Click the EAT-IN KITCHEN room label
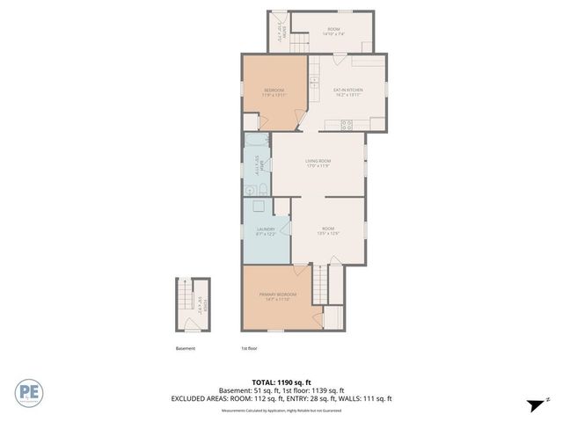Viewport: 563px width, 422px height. pos(347,91)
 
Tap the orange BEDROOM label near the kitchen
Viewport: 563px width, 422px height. pos(274,92)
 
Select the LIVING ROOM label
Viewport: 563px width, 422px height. pos(318,163)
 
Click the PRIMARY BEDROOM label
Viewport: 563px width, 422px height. pos(277,295)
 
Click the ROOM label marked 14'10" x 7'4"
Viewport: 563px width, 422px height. pos(333,31)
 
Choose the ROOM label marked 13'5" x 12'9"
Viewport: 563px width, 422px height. pos(327,230)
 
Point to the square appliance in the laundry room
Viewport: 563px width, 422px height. pos(259,208)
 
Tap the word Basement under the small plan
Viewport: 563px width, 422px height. pos(185,348)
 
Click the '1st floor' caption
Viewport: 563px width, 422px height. pos(250,348)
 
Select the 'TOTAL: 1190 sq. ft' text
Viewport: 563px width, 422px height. pos(281,382)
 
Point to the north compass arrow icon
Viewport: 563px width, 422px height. pos(533,404)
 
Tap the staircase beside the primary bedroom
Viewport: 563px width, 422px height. pos(321,283)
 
